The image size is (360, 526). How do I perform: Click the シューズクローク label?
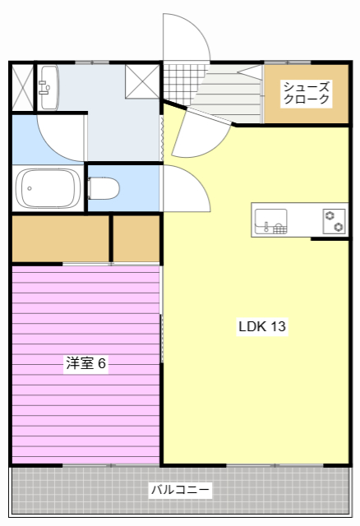[x=306, y=93]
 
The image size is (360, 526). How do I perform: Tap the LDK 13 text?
[x=262, y=326]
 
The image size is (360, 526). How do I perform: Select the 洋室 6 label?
[x=86, y=362]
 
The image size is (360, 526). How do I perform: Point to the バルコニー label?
[x=180, y=491]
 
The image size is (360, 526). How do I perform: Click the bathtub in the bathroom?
[x=49, y=188]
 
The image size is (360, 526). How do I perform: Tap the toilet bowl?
[x=103, y=189]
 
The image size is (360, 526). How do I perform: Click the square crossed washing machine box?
[x=142, y=81]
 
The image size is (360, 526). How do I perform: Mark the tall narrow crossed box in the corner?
[x=21, y=87]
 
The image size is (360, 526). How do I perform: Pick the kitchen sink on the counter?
[x=270, y=221]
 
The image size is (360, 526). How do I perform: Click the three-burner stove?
[x=335, y=221]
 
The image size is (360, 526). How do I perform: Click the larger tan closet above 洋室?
[x=60, y=238]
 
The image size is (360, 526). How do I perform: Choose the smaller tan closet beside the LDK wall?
[x=136, y=238]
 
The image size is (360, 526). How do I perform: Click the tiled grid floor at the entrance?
[x=181, y=83]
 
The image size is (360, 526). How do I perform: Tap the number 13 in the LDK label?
[x=277, y=326]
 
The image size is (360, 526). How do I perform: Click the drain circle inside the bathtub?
[x=30, y=189]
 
